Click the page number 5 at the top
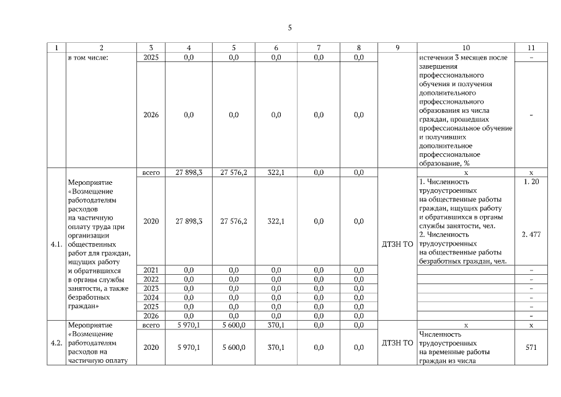[289, 28]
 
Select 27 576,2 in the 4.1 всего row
[234, 172]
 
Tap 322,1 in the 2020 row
[276, 221]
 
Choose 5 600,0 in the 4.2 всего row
[234, 324]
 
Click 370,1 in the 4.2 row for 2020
[276, 347]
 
